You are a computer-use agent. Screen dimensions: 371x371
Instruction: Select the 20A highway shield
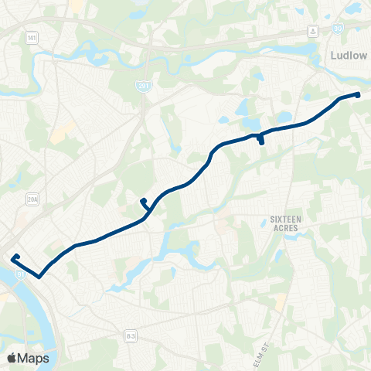pos(32,199)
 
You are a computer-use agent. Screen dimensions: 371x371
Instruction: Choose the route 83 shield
pos(132,335)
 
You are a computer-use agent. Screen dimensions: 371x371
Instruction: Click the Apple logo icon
pos(12,358)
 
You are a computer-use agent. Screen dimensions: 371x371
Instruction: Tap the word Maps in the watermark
pos(33,358)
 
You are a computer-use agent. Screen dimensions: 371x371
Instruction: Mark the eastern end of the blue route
pos(358,94)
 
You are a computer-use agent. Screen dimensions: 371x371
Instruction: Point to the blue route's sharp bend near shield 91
pos(38,275)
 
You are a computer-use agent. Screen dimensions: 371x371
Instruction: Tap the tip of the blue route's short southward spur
pos(261,143)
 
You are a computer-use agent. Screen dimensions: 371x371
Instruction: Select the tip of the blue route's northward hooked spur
pos(142,201)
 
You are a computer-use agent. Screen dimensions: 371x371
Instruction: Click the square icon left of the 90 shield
pos(313,30)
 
